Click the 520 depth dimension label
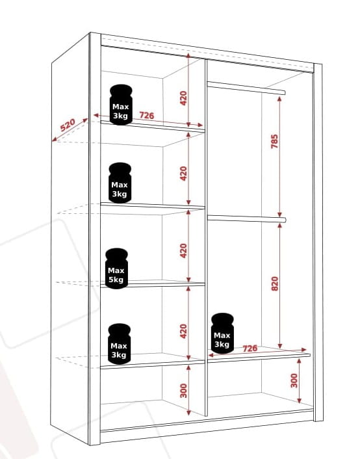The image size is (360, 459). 68,125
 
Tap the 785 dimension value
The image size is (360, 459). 274,141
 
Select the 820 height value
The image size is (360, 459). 275,283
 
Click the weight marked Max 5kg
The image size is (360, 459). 116,269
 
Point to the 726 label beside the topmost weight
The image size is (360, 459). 147,115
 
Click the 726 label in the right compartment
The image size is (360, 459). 250,348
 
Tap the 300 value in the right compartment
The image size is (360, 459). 294,380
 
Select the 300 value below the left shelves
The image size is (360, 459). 183,391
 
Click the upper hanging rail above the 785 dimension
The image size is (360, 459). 246,88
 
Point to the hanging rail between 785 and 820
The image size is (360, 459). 246,218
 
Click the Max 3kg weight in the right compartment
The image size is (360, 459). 222,333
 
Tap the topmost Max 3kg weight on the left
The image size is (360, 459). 121,105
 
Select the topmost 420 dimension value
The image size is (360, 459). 183,98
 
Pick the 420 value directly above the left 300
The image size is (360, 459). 183,331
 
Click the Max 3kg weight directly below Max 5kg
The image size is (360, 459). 119,344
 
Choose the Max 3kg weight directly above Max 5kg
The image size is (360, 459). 120,183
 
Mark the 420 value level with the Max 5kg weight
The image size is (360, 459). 183,250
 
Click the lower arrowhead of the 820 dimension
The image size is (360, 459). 280,346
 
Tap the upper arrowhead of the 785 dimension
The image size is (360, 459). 279,99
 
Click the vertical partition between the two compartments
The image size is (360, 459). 206,237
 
